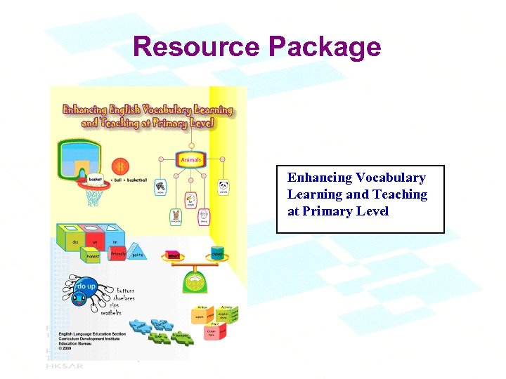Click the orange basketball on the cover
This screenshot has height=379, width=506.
click(120, 166)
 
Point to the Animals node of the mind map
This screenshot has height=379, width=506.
click(190, 160)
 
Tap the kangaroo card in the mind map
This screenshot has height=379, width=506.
click(176, 217)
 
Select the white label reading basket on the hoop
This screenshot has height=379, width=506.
click(95, 180)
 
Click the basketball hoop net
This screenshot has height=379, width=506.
click(93, 196)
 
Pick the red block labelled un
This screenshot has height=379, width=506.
click(93, 242)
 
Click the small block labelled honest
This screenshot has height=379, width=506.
click(93, 257)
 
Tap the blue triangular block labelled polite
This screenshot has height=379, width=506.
click(137, 254)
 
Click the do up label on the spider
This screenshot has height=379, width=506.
click(86, 287)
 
